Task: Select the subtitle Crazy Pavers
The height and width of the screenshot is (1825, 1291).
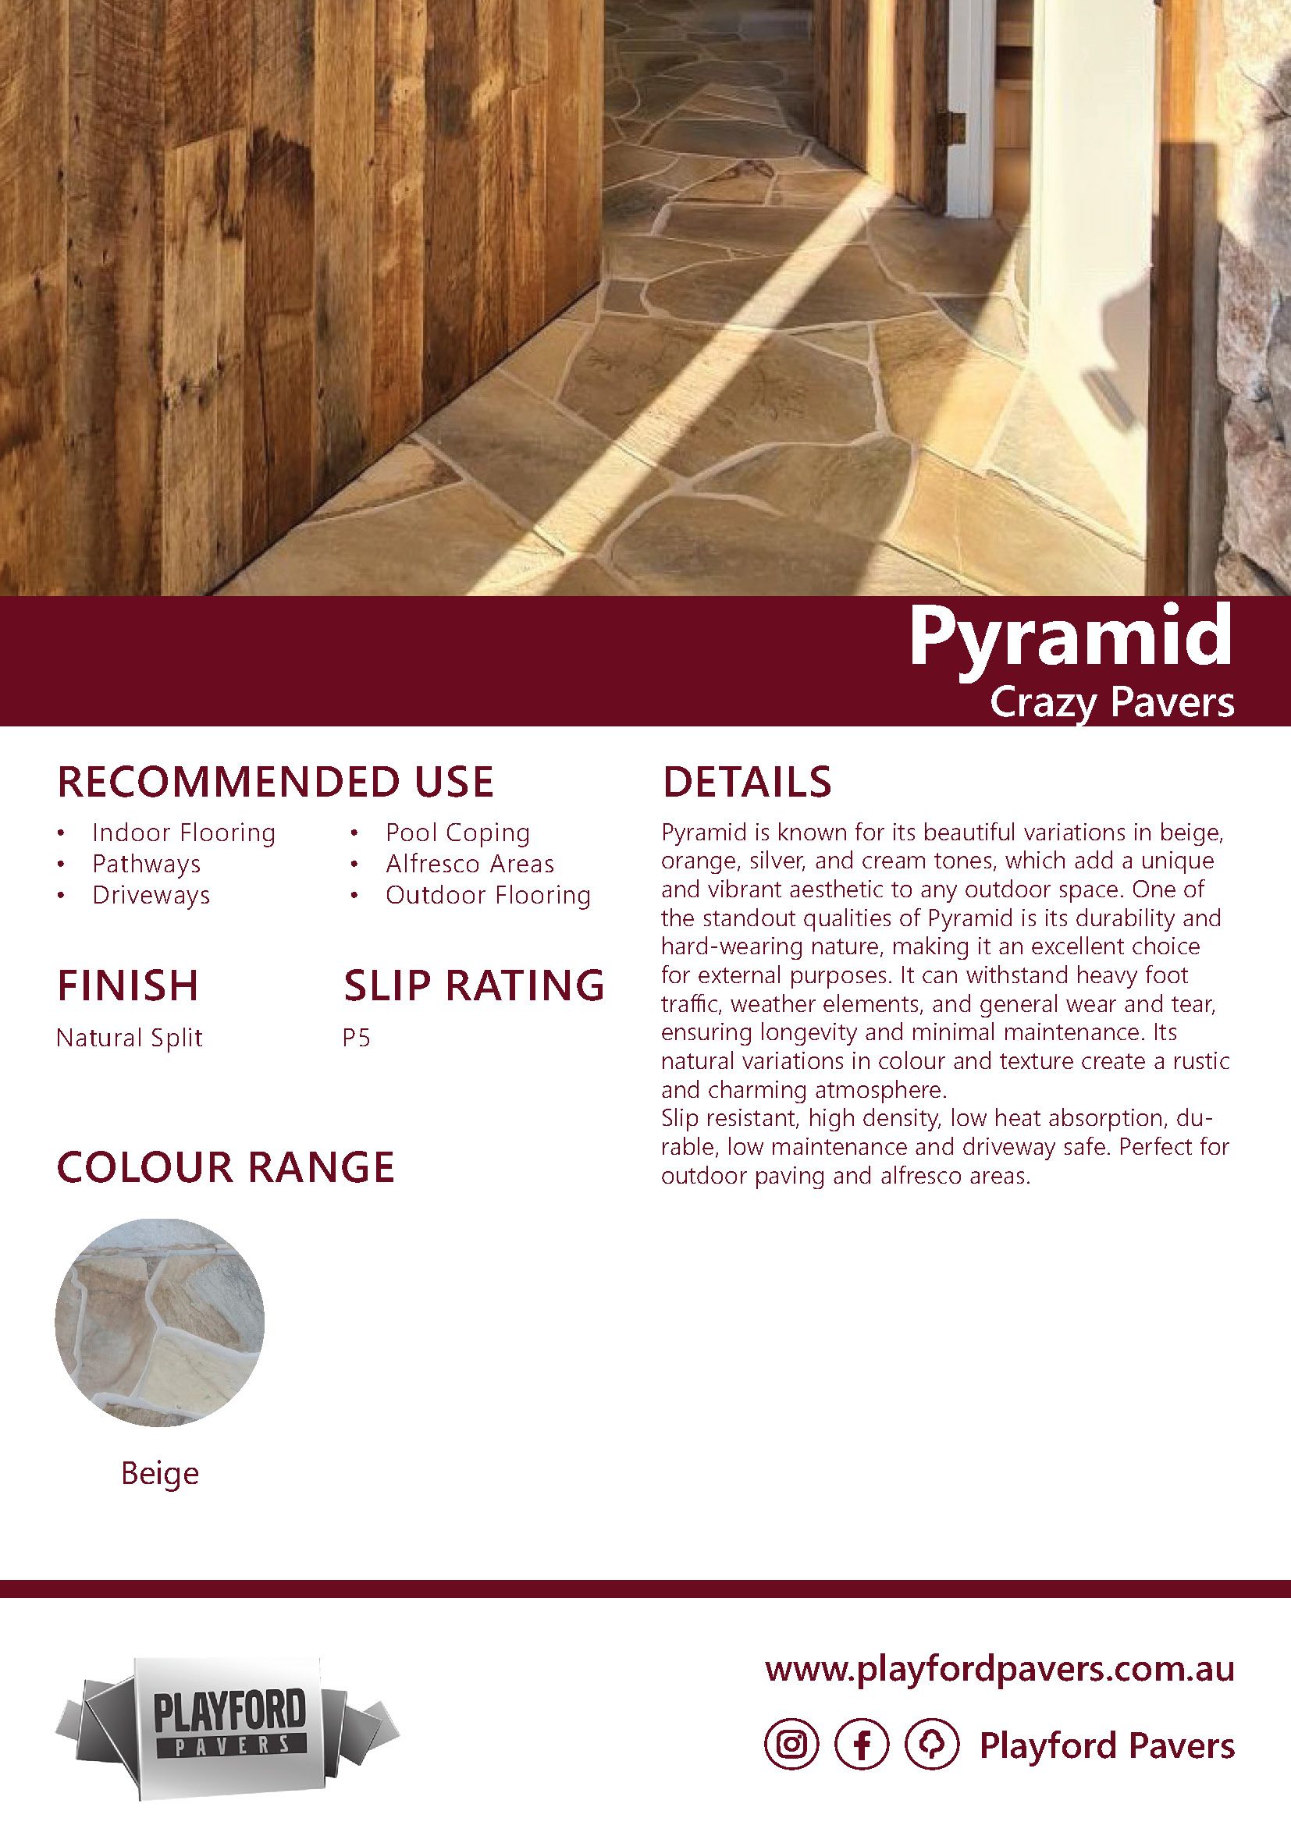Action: point(1111,705)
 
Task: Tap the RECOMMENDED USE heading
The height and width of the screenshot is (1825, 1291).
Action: point(275,782)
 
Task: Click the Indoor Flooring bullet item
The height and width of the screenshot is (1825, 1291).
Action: point(183,833)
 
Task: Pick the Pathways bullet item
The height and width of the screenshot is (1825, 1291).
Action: point(146,864)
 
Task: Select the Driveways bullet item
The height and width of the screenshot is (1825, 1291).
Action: point(151,895)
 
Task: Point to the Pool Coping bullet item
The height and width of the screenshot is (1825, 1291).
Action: point(457,833)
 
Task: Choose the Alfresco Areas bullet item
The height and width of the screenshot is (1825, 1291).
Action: point(470,864)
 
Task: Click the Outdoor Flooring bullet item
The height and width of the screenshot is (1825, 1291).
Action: point(488,895)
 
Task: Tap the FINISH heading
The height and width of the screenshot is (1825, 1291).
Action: point(127,985)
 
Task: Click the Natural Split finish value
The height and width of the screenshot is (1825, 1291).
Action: point(130,1038)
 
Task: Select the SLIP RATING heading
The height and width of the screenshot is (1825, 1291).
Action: point(474,985)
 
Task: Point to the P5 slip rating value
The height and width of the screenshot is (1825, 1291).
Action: point(357,1038)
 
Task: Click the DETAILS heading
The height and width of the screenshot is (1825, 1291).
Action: point(746,782)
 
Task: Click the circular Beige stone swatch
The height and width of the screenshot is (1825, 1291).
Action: point(160,1323)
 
